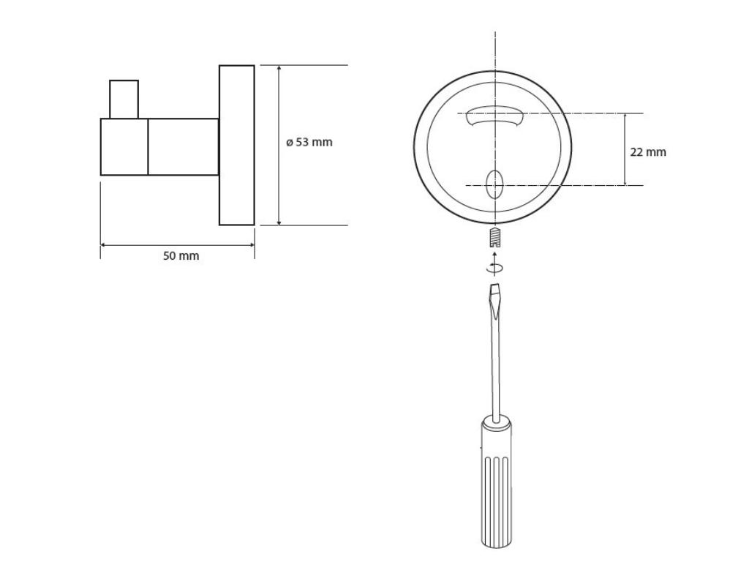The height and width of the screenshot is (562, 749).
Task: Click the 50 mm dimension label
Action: (x=181, y=255)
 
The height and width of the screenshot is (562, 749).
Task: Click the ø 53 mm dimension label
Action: (x=309, y=142)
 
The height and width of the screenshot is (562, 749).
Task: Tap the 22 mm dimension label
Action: (x=648, y=152)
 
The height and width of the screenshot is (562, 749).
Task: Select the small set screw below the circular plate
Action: (x=495, y=236)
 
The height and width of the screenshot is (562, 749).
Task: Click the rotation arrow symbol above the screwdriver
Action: (x=494, y=268)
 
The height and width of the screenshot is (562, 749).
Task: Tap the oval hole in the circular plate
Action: (x=494, y=184)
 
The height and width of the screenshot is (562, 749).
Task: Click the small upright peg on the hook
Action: (x=124, y=100)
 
